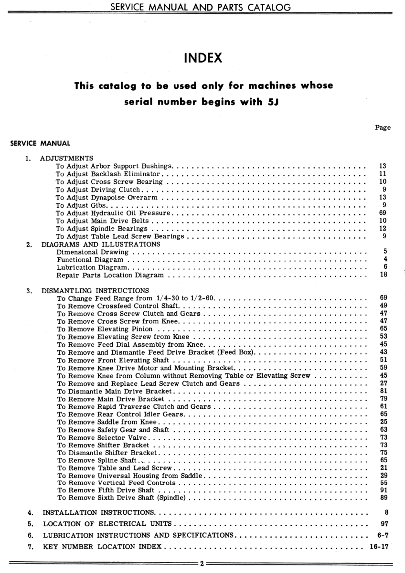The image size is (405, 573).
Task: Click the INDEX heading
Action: click(203, 59)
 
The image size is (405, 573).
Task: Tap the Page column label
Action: click(383, 127)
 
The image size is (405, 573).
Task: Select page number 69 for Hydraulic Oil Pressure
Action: click(382, 212)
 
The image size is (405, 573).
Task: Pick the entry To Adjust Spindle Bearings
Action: click(102, 228)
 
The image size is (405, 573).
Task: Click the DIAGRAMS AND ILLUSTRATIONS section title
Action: click(101, 244)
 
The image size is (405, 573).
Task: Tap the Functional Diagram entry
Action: click(86, 259)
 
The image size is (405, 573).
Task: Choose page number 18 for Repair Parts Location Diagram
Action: click(383, 275)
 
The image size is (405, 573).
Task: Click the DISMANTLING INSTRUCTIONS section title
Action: click(95, 290)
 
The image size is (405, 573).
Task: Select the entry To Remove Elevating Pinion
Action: click(109, 329)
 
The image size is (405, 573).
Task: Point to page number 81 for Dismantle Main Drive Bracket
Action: click(383, 391)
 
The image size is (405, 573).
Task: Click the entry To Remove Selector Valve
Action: click(103, 437)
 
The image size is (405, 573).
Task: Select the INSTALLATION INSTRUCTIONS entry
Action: click(99, 513)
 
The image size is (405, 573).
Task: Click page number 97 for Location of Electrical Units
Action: click(383, 523)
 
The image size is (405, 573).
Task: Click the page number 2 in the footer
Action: click(202, 563)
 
